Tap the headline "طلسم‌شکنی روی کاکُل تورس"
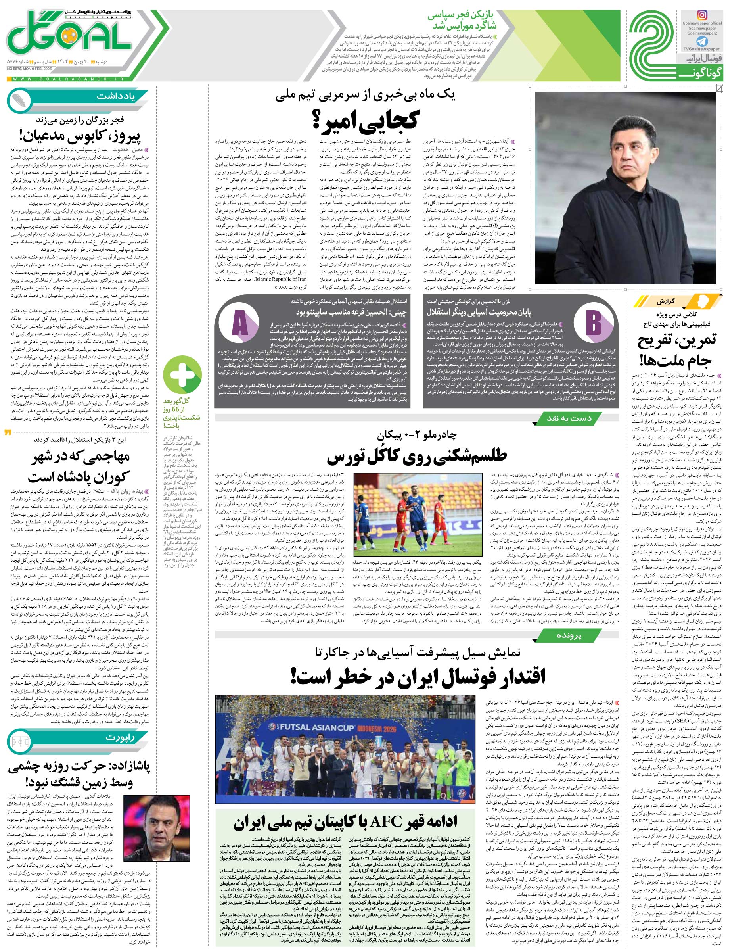point(417,457)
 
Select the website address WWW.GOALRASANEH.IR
point(70,78)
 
